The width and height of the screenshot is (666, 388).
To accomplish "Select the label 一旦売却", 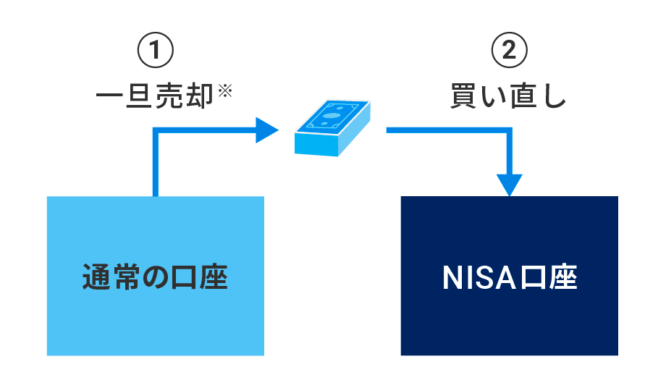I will tap(155, 96).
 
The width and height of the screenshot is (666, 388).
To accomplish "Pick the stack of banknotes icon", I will tap(332, 127).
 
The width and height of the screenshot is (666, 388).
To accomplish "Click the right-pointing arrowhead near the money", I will tap(267, 131).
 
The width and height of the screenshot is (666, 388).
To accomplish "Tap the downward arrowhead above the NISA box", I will tap(511, 185).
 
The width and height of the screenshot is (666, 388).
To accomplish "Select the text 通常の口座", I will tap(155, 277).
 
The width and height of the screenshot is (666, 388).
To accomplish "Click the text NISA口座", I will tap(509, 277).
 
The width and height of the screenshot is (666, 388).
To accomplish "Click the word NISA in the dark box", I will tap(482, 277).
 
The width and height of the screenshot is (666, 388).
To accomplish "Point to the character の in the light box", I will tap(155, 278).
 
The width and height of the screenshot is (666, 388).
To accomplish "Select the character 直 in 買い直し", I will tap(523, 96).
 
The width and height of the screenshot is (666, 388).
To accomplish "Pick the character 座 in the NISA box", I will tap(563, 277).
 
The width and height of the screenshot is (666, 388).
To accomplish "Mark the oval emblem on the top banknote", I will tap(332, 115).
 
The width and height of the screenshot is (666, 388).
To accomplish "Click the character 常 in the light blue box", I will tap(125, 277).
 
